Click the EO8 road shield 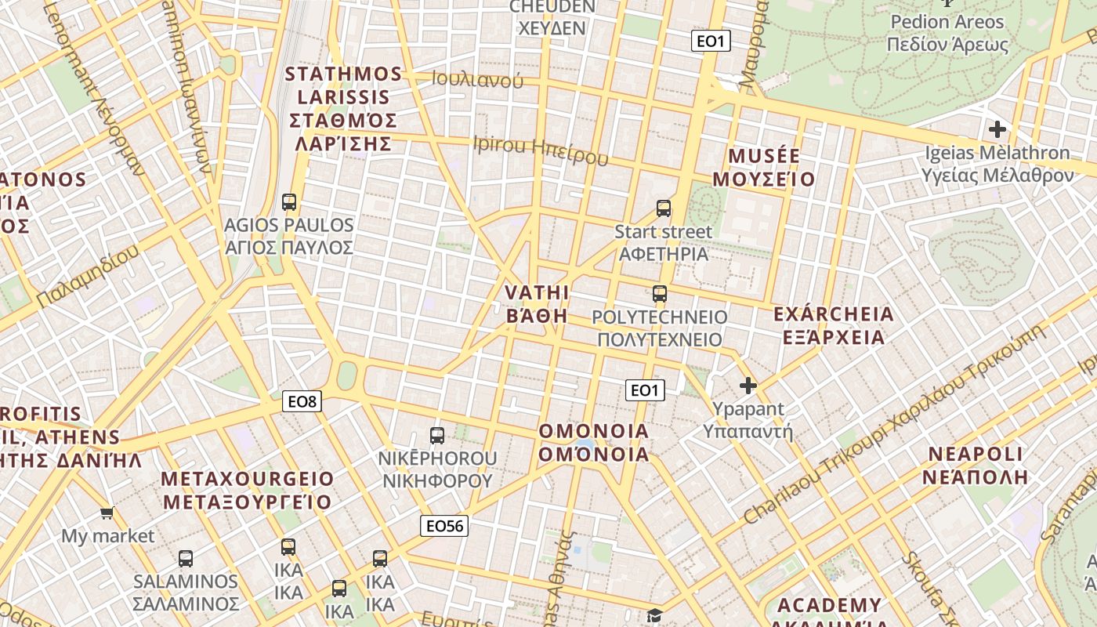click(302, 402)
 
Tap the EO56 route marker click(444, 526)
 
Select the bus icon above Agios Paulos click(289, 202)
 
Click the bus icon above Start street click(664, 208)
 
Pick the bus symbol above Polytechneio click(660, 295)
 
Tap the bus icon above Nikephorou click(437, 436)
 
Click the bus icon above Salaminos click(185, 559)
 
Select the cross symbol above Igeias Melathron click(997, 129)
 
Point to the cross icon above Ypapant click(748, 386)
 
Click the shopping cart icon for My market click(107, 513)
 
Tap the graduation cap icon click(654, 615)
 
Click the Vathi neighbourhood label click(537, 304)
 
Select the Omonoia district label click(594, 443)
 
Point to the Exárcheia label click(833, 326)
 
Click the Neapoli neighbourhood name click(976, 466)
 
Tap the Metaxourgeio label click(247, 490)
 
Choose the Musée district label click(764, 168)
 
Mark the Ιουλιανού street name click(477, 79)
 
